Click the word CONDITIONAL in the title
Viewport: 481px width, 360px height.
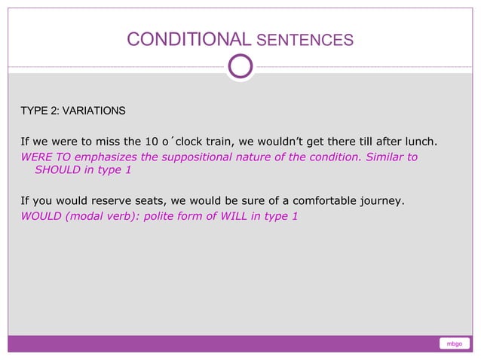point(188,39)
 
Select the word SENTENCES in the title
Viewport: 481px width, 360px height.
point(305,40)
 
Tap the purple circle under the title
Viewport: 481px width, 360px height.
point(240,66)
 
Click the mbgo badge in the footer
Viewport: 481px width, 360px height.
point(454,344)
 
